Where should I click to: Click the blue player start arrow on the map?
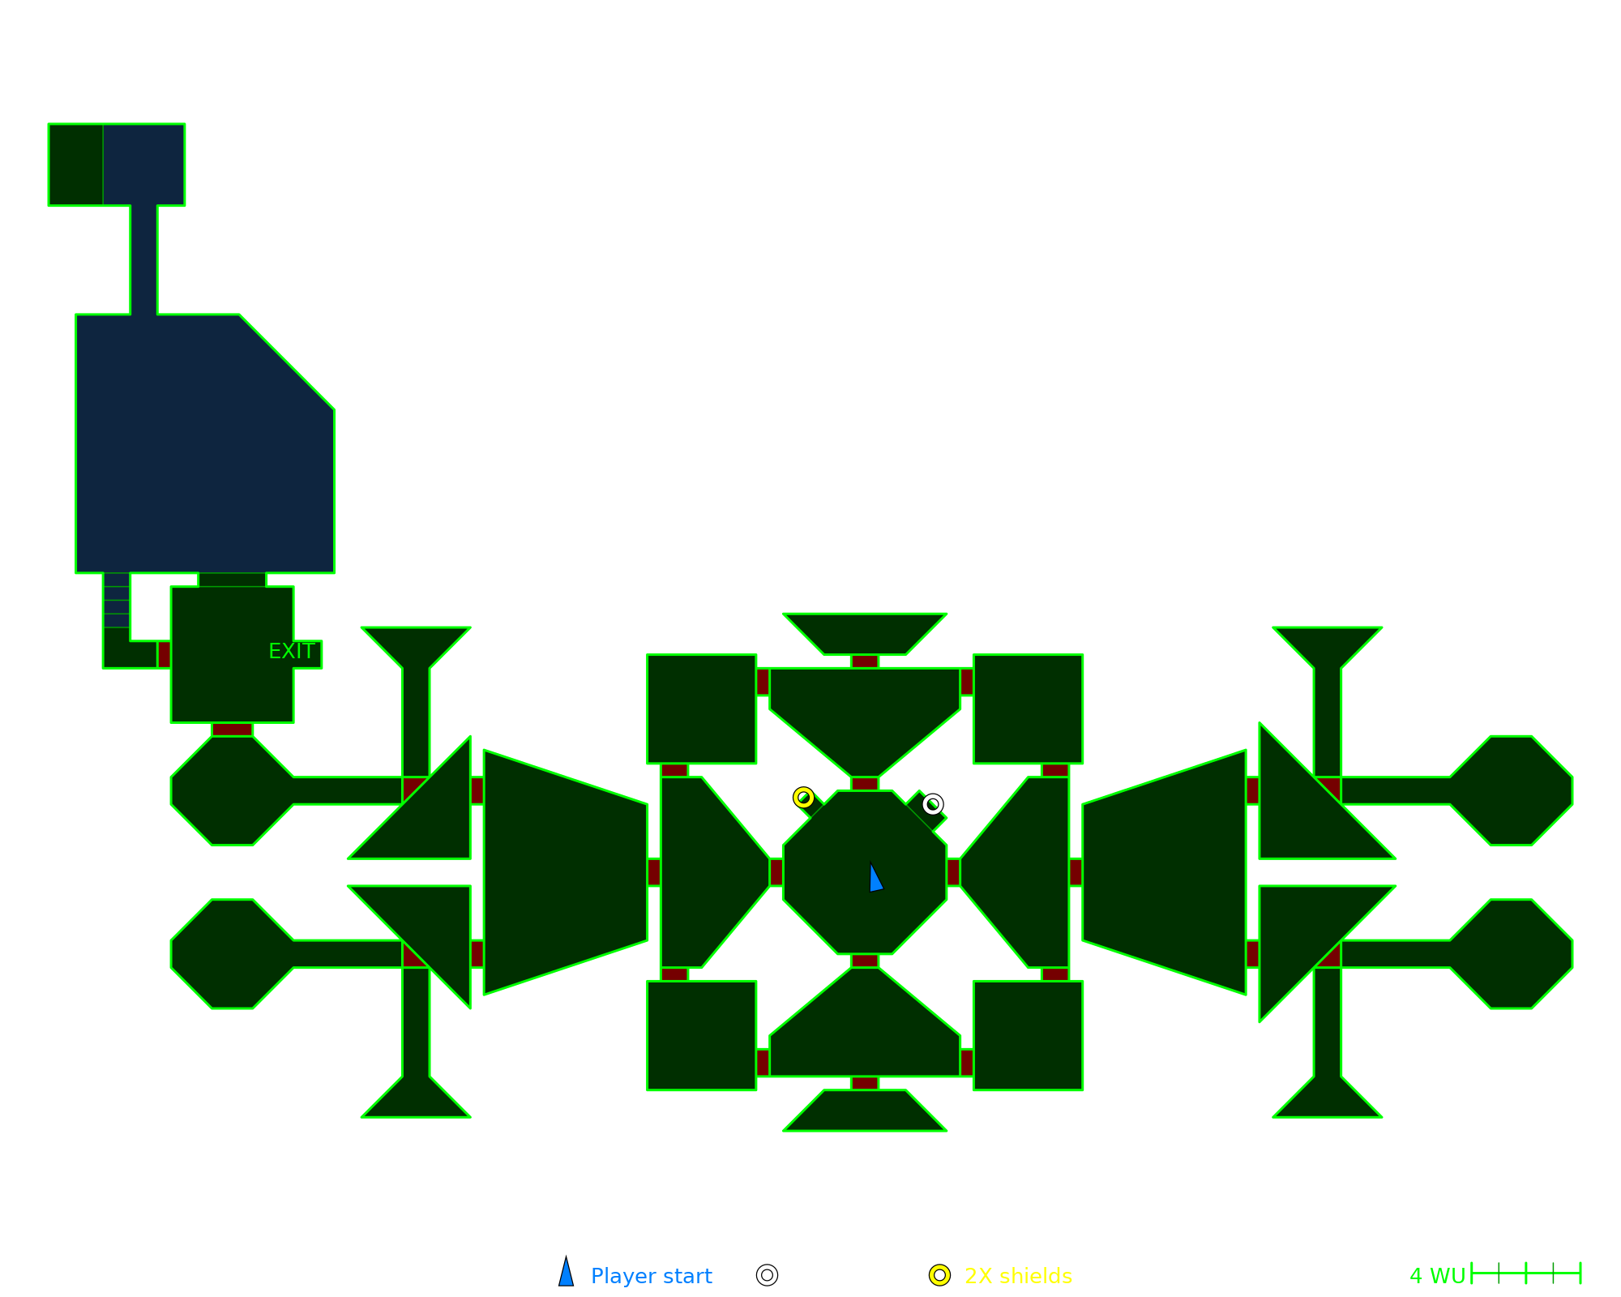click(x=875, y=879)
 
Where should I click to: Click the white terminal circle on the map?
click(x=933, y=804)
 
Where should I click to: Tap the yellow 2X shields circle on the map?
click(x=803, y=798)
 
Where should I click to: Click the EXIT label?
click(x=292, y=652)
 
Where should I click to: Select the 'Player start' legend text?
click(x=651, y=1276)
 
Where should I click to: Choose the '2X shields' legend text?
click(x=1018, y=1276)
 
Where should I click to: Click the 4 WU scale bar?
click(x=1525, y=1273)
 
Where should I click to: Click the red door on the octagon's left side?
click(x=776, y=872)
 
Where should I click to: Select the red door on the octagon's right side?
click(x=953, y=872)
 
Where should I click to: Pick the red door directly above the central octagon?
click(x=865, y=784)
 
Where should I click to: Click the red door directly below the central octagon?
click(x=865, y=961)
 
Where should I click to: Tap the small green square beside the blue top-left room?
click(x=75, y=165)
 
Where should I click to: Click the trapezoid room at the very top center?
click(x=865, y=633)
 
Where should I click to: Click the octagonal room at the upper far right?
click(x=1512, y=790)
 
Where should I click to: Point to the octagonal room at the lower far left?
click(x=233, y=954)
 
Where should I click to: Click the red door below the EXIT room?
click(x=232, y=730)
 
